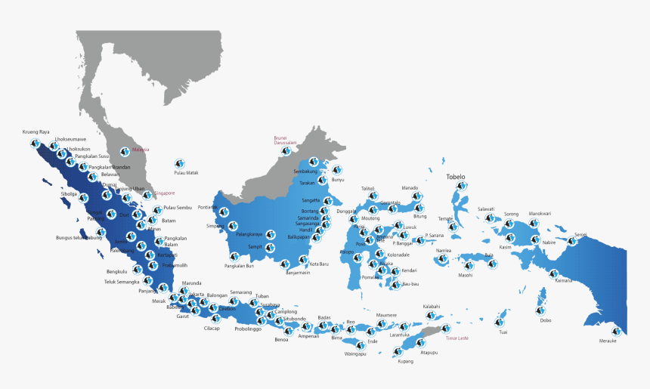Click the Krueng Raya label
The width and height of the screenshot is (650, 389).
[x=36, y=131]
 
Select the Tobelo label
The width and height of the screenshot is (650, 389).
[x=456, y=178]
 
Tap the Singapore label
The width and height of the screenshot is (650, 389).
[x=164, y=193]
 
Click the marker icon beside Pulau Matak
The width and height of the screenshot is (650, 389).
[x=179, y=162]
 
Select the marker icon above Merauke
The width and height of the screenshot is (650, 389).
[x=617, y=331]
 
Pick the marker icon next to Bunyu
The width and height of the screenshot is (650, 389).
[x=336, y=170]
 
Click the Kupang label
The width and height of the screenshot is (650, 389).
[x=405, y=361]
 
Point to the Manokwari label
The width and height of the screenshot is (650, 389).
[x=540, y=214]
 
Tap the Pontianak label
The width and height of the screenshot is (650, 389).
[x=208, y=207]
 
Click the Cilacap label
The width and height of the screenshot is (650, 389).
[x=212, y=328]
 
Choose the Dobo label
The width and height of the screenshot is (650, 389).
[x=546, y=320]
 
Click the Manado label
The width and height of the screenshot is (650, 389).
[x=410, y=187]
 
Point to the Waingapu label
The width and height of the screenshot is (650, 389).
[x=355, y=353]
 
